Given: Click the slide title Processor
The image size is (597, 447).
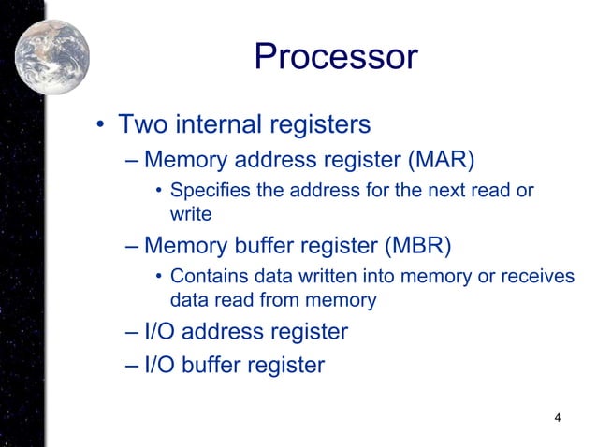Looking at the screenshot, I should tap(334, 57).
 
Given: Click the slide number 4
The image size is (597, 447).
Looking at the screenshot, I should tap(558, 417).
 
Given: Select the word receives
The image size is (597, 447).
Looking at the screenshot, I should tap(526, 277).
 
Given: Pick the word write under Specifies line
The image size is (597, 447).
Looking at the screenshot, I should tap(190, 214).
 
